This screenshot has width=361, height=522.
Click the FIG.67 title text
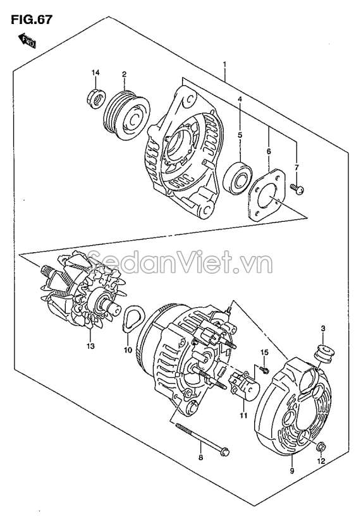pos(31,20)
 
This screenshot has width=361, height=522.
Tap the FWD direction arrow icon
pos(27,42)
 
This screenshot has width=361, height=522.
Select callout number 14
pos(95,74)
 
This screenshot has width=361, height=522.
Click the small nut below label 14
pos(94,98)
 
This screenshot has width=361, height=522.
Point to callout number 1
pos(224,64)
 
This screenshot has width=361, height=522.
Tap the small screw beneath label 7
pos(298,188)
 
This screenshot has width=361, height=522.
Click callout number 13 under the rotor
pos(90,346)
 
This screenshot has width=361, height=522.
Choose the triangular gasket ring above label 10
pos(132,318)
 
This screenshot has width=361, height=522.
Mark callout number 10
pos(126,349)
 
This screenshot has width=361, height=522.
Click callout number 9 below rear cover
pos(292,471)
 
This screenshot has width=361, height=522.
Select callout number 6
pos(267,152)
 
